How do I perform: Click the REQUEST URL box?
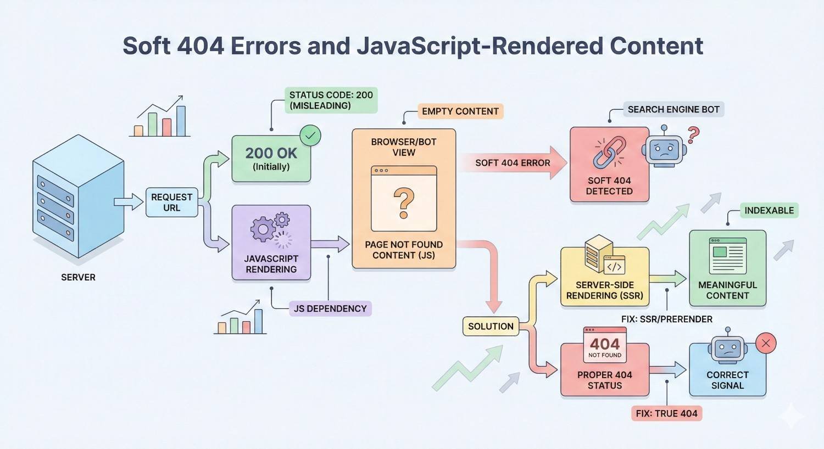click(x=171, y=202)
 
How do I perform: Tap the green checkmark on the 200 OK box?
click(x=310, y=135)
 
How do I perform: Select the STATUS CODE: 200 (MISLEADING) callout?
click(x=331, y=100)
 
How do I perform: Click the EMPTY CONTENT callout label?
click(x=460, y=111)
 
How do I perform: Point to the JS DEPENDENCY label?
click(x=330, y=308)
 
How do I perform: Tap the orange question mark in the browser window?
click(x=404, y=203)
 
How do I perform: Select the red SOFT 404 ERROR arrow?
click(x=513, y=162)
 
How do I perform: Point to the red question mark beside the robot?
click(x=693, y=134)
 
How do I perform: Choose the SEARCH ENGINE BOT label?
click(x=673, y=109)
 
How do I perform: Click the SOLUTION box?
click(x=491, y=326)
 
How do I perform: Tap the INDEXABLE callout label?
click(x=769, y=210)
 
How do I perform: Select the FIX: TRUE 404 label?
click(x=666, y=413)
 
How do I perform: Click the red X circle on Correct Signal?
click(x=766, y=344)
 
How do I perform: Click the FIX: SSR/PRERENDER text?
click(x=666, y=319)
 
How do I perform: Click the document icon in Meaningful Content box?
click(x=727, y=255)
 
